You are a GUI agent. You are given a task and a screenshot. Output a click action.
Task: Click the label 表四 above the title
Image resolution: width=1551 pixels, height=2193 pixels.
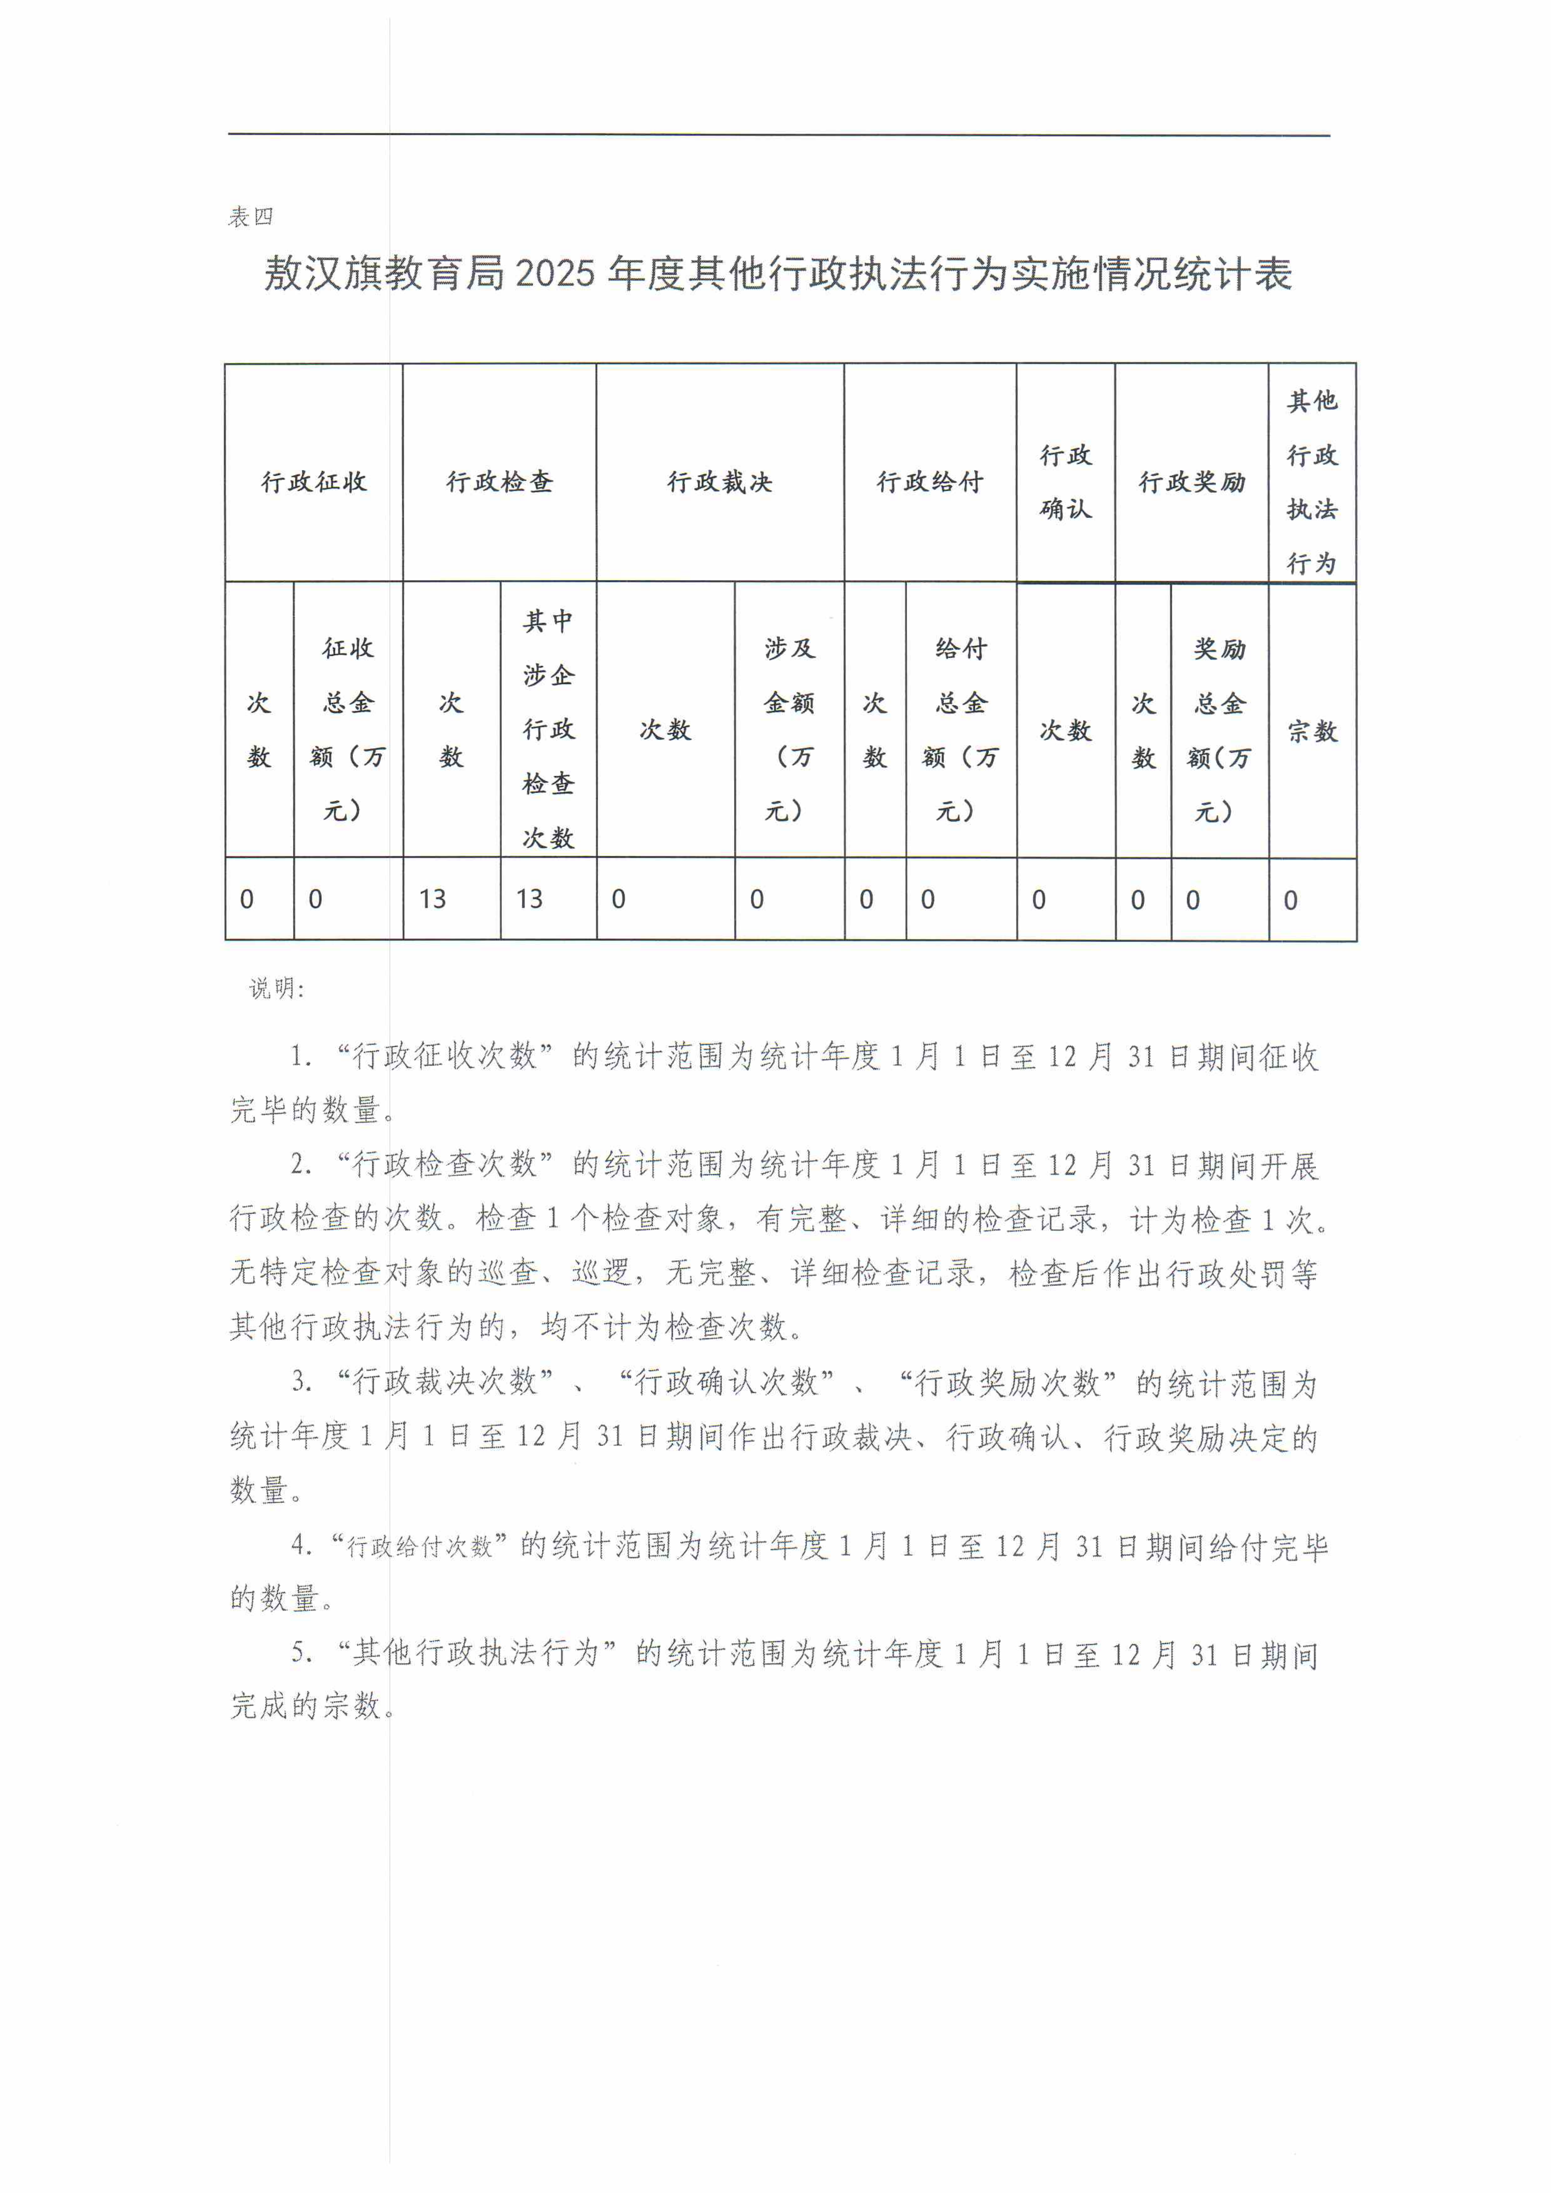click(250, 217)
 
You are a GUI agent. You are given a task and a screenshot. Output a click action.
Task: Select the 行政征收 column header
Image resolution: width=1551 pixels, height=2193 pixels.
click(314, 482)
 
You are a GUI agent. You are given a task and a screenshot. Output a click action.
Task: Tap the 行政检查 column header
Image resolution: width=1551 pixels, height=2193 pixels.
click(500, 482)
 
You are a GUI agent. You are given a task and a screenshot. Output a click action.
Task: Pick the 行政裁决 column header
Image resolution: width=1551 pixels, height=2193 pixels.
click(720, 482)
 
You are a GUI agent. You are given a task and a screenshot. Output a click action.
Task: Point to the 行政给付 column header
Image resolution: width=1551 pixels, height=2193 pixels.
click(930, 482)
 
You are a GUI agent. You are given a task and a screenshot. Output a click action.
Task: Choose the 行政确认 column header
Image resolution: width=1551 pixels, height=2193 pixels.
click(1066, 482)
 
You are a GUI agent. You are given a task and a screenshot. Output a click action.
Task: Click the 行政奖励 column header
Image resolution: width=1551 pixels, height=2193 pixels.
click(1192, 482)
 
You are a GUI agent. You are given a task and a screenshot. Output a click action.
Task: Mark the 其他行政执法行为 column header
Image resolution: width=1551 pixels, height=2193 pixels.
click(1312, 482)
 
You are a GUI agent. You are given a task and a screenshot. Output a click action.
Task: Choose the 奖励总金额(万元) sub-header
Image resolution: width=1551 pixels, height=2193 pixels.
click(1220, 730)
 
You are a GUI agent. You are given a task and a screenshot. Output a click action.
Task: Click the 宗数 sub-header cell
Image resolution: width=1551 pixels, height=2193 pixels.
click(1312, 732)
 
